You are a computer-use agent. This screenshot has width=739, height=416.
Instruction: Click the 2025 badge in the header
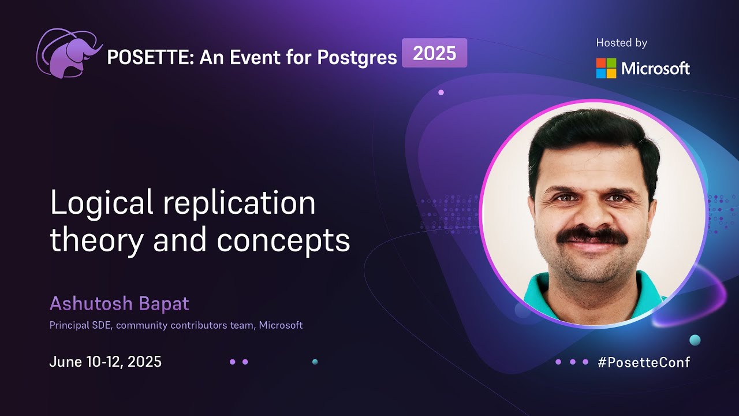[434, 54]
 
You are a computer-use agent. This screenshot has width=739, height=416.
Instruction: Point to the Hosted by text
[621, 43]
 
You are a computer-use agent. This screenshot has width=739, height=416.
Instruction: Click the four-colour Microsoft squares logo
[606, 68]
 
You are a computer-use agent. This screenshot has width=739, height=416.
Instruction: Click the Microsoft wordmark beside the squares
[655, 69]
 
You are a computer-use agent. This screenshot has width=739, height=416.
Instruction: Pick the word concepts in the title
[283, 241]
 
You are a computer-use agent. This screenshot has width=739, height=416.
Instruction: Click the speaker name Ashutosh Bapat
[119, 303]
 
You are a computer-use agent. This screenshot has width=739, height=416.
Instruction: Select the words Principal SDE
[81, 325]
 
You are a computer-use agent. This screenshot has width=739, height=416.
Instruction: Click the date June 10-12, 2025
[105, 362]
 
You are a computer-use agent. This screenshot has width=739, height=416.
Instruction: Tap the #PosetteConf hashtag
[644, 362]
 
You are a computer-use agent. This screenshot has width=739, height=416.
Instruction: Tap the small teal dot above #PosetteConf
[695, 340]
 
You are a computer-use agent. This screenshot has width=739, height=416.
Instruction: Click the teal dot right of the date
[315, 362]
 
